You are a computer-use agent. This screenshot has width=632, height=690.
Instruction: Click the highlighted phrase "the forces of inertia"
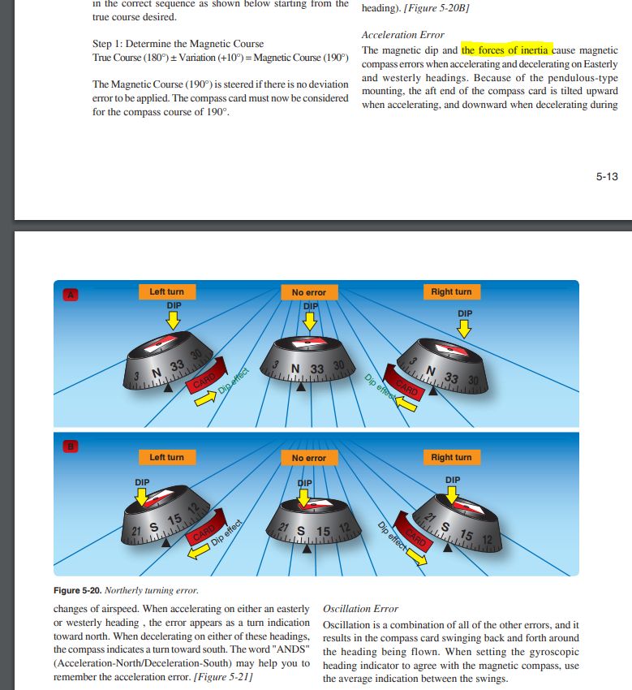[x=507, y=50]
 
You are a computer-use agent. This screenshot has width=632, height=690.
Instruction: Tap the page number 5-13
[x=606, y=176]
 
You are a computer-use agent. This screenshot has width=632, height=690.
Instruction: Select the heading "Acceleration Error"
[x=402, y=35]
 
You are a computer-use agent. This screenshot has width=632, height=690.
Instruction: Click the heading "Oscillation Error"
[x=361, y=608]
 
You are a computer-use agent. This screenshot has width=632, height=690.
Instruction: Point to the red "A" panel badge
[x=71, y=295]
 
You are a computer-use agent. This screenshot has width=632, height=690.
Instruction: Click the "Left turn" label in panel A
[x=166, y=292]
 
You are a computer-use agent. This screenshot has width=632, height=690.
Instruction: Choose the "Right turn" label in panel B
[x=451, y=457]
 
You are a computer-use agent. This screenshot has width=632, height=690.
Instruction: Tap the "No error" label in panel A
[x=308, y=292]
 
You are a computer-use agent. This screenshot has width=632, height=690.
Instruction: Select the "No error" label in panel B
[x=308, y=458]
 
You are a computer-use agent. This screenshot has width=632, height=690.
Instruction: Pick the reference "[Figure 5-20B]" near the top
[x=438, y=7]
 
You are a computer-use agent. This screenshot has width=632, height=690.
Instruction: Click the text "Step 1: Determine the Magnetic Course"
[x=178, y=43]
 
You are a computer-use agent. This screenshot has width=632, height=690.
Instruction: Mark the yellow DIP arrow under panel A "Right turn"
[x=464, y=327]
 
